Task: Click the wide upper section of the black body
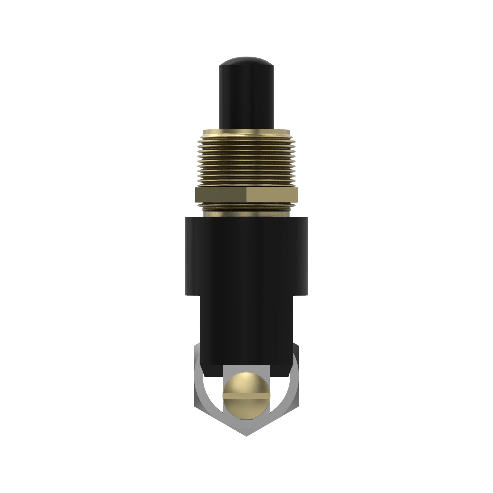pos(246,255)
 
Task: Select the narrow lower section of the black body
pos(246,332)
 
